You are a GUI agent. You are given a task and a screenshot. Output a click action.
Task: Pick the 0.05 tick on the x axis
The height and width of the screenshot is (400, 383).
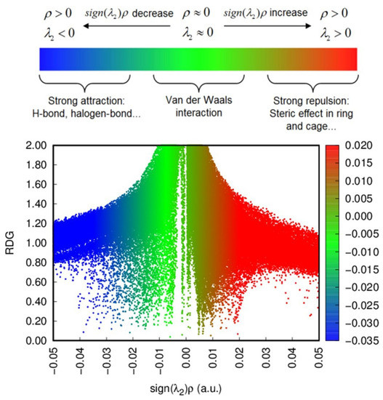319,359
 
